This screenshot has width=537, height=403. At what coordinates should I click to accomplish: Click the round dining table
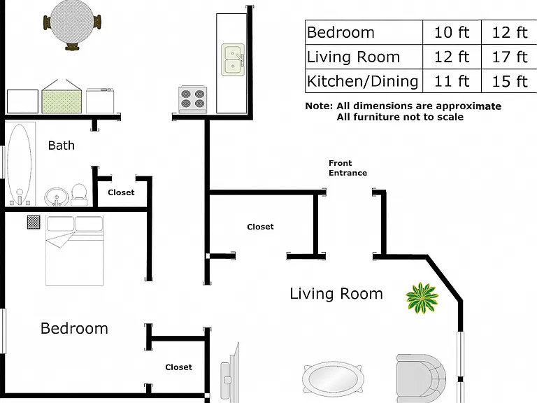[x=72, y=22]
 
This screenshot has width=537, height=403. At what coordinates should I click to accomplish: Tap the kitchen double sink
[x=233, y=59]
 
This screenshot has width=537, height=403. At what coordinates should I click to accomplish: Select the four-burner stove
[x=192, y=99]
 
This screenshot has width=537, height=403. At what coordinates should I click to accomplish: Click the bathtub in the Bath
[x=20, y=164]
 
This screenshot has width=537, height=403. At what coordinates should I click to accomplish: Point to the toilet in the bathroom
[x=79, y=195]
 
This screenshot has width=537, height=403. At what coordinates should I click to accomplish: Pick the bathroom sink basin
[x=57, y=197]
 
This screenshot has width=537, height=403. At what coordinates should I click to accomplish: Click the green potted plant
[x=422, y=297]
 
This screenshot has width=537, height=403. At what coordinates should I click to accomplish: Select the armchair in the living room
[x=421, y=379]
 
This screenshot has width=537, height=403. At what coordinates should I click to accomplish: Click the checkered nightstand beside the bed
[x=34, y=222]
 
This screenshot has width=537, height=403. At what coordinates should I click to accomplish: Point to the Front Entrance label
[x=348, y=168]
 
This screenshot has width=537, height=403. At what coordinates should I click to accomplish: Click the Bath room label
[x=62, y=146]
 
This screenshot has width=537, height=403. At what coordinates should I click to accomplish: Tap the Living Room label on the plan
[x=336, y=294]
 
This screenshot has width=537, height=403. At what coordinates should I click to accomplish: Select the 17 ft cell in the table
[x=509, y=57]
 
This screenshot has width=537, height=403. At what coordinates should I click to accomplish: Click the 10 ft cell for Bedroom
[x=452, y=33]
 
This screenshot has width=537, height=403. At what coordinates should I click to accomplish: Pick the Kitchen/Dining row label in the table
[x=363, y=82]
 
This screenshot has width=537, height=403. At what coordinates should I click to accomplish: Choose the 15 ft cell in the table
[x=509, y=82]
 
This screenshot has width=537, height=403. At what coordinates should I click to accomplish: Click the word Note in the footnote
[x=319, y=106]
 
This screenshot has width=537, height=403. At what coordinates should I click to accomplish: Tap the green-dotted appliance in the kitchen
[x=62, y=97]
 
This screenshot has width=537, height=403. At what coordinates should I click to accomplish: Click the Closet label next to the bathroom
[x=121, y=192]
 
